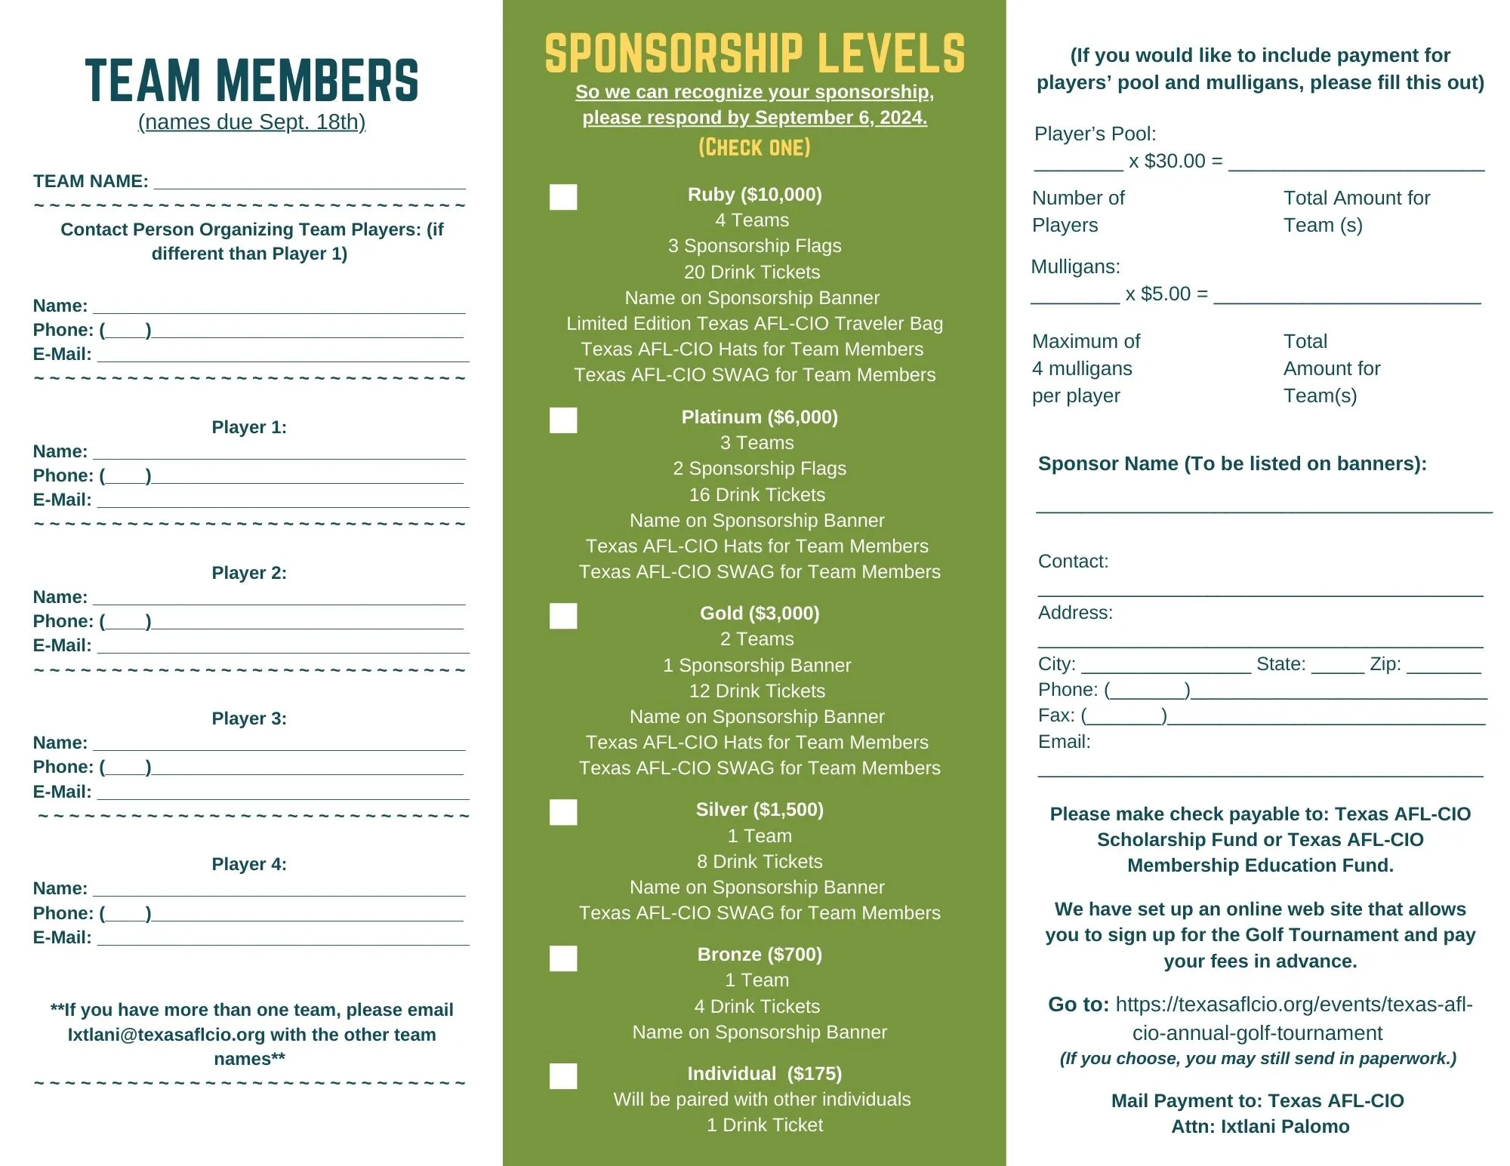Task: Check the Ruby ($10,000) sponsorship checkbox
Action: pos(563,197)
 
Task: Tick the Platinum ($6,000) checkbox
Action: pos(563,420)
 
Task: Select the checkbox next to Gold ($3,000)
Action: pos(563,616)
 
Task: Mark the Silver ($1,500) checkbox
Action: pos(563,812)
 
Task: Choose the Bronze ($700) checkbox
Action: pos(563,958)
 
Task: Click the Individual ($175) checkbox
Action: pos(563,1076)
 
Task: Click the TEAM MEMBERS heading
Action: pos(251,81)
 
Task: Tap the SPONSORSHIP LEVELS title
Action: pos(754,54)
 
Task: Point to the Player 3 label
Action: pos(249,718)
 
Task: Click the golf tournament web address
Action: pos(1293,1018)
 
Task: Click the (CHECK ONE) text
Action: pos(754,147)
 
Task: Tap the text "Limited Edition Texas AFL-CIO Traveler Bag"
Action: pos(754,324)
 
